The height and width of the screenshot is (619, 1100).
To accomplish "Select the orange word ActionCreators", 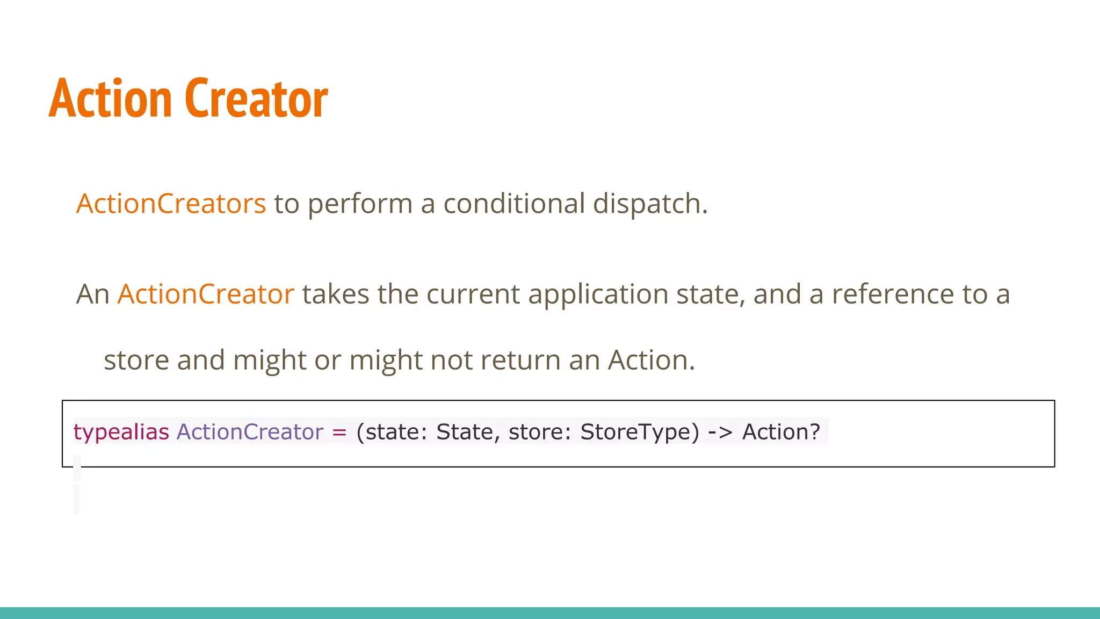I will click(x=171, y=204).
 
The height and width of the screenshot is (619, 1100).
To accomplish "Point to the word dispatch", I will click(x=650, y=204).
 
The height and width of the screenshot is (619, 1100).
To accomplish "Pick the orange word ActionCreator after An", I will click(x=206, y=294).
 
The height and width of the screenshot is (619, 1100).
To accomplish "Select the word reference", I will click(x=893, y=294).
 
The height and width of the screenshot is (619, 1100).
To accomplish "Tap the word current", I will click(x=473, y=294).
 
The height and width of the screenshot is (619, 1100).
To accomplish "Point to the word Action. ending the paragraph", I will click(x=651, y=360).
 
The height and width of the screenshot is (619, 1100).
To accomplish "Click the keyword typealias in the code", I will click(x=121, y=432).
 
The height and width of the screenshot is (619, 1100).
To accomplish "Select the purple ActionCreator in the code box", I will click(x=250, y=432).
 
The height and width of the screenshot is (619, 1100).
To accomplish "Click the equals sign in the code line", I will click(x=339, y=432).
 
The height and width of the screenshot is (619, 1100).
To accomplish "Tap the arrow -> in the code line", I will click(x=720, y=432).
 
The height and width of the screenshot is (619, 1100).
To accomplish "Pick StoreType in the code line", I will click(x=640, y=432).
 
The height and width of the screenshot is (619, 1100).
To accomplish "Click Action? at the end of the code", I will click(x=781, y=432).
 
